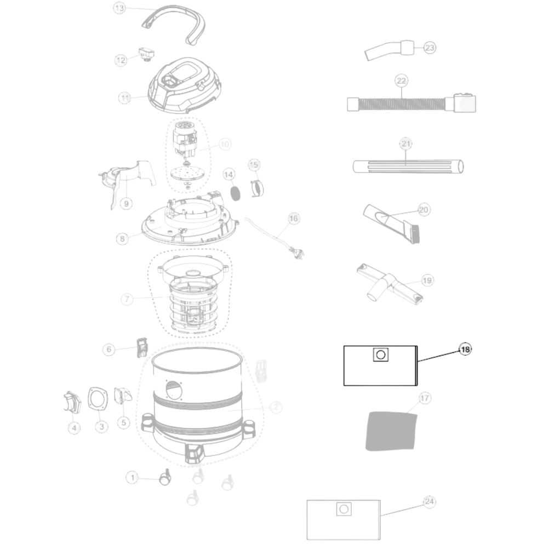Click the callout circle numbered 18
pos(465,349)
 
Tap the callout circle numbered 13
pos(119,8)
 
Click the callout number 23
pos(430,48)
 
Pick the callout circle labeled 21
pos(406,144)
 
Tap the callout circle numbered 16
pos(294,219)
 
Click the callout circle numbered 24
pos(429,501)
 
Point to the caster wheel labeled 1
pos(164,480)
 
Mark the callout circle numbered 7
pos(127,299)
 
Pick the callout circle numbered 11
pos(125,98)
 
